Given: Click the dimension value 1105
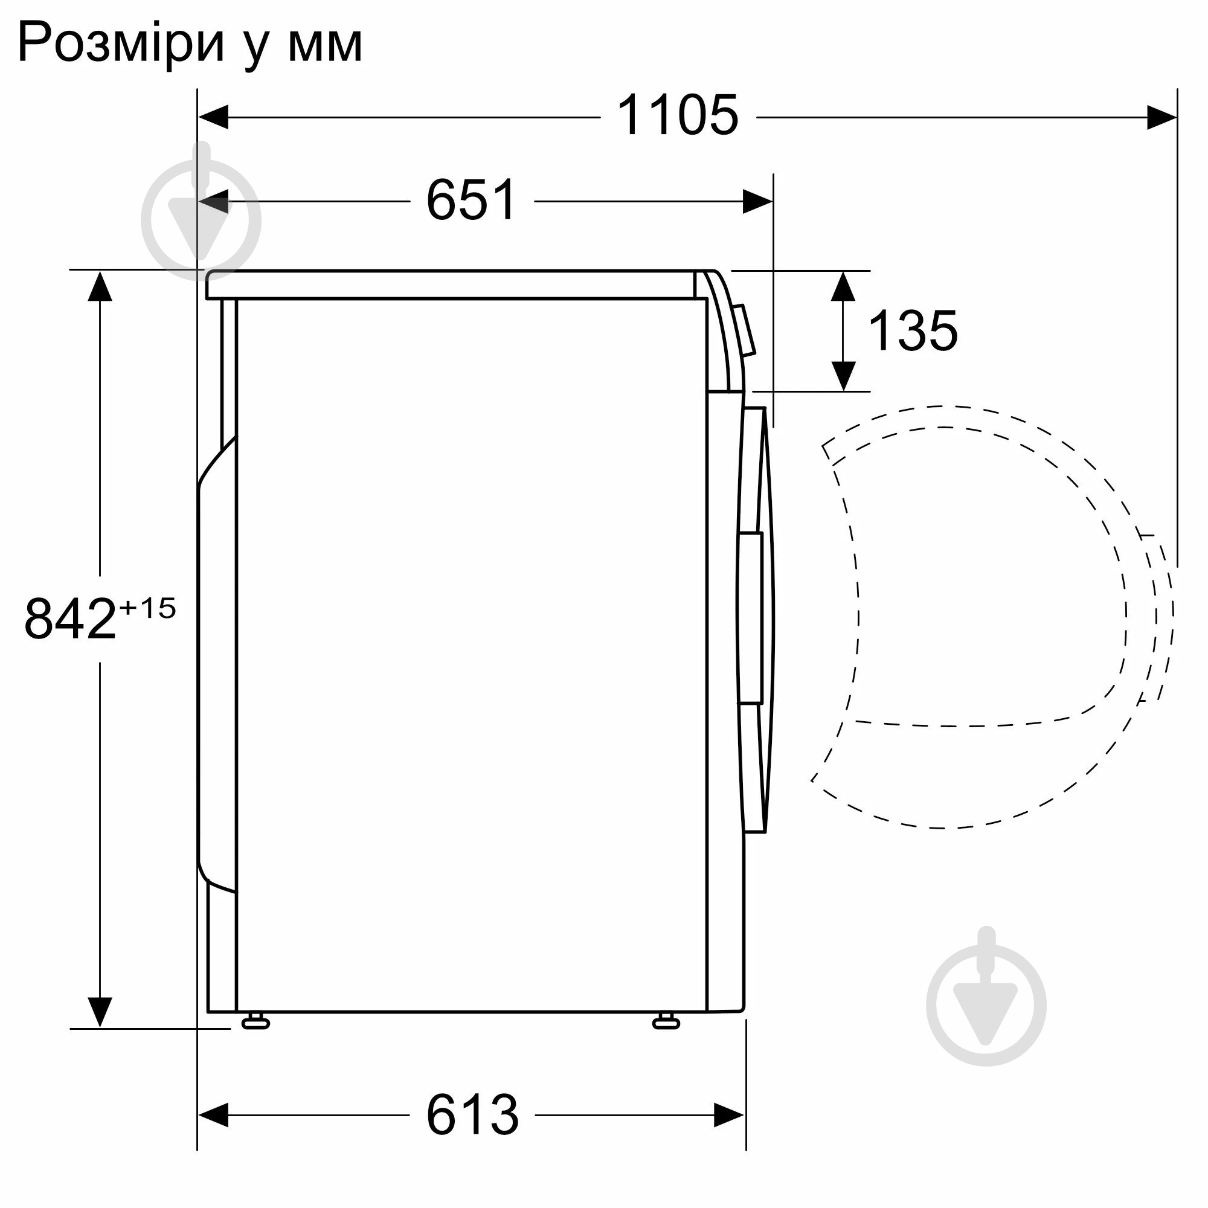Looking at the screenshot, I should (x=678, y=116).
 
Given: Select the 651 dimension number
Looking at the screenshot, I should (x=472, y=200).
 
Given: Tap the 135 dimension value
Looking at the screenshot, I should (x=913, y=332).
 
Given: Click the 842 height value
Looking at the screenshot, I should (x=70, y=619).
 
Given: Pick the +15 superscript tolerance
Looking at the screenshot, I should (x=147, y=608).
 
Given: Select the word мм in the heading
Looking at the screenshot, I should (x=325, y=43).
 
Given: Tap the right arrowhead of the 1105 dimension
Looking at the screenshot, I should (x=1161, y=117).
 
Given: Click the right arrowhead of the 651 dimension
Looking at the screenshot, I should (x=757, y=201).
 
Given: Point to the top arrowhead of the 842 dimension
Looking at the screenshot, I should (x=100, y=286).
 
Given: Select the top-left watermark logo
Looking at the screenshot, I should (x=201, y=219).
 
